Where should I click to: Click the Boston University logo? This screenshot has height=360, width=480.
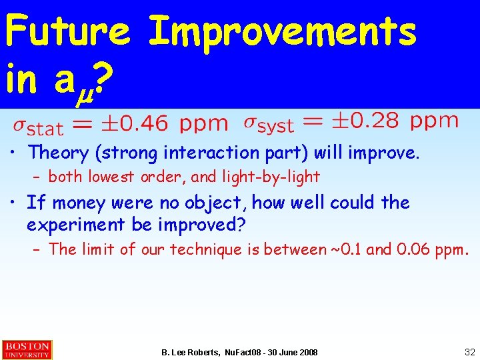[x=27, y=349]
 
